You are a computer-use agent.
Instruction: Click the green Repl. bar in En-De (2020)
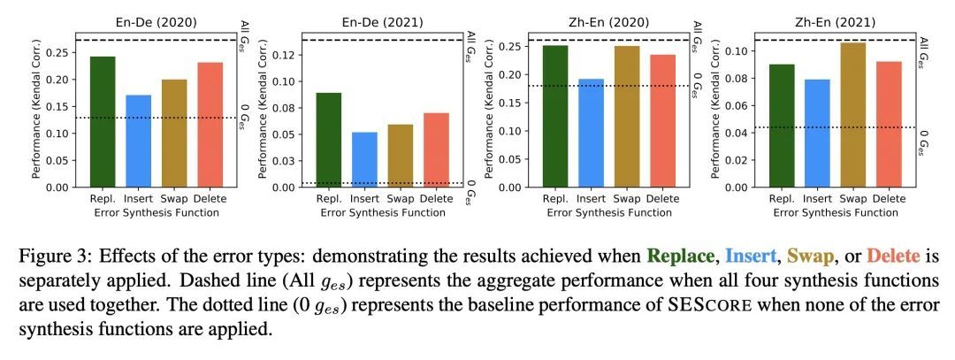[103, 122]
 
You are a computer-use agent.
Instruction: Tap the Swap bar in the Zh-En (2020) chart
[627, 117]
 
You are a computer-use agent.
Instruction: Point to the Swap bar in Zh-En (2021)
[853, 115]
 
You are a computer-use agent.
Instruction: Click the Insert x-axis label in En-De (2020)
[138, 199]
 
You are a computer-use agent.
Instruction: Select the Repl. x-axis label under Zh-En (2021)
[782, 199]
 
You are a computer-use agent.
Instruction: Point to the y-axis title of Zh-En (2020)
[492, 111]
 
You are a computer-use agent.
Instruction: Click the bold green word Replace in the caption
[679, 257]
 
